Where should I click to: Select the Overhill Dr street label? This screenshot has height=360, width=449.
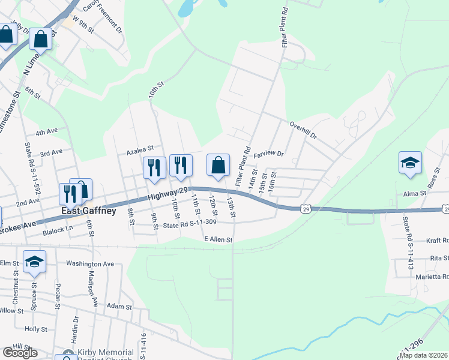[303, 130]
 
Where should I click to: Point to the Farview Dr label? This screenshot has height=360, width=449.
[268, 154]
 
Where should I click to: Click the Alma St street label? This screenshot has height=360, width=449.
[414, 193]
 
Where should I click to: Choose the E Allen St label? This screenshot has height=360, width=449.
[217, 239]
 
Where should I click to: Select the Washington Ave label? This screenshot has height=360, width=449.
[90, 263]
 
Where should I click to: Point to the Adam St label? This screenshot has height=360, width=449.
[119, 307]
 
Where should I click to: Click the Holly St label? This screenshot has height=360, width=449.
[36, 329]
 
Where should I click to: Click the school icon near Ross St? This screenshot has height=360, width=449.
[411, 162]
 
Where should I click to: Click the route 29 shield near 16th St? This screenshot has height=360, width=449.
[306, 208]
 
